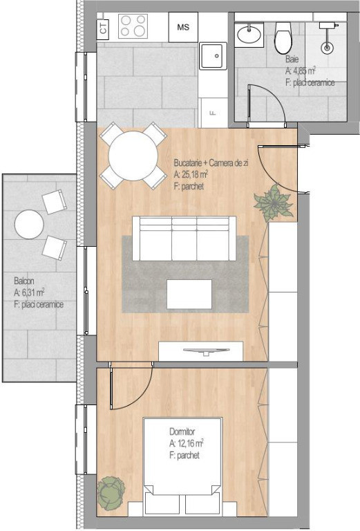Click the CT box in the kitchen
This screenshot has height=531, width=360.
103,27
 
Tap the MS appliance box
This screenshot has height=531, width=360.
183,27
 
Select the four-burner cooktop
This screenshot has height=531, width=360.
133,26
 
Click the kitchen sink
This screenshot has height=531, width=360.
213,56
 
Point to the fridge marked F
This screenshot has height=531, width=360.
213,113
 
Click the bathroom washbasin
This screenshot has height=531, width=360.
249,34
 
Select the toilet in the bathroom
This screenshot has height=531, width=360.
283,37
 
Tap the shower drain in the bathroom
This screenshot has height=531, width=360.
327,48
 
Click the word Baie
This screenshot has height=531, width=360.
292,59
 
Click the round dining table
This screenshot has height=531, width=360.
133,156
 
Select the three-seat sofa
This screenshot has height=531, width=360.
184,239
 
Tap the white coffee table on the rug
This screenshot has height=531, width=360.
189,294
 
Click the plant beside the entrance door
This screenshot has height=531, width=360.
274,203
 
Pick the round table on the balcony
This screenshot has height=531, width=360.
29,224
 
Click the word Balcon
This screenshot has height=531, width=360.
23,281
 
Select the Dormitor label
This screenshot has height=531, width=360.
182,431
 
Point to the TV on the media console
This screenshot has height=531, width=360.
206,351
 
